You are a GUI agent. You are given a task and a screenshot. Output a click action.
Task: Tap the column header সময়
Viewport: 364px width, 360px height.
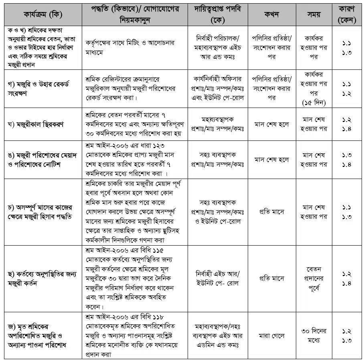(x=313, y=15)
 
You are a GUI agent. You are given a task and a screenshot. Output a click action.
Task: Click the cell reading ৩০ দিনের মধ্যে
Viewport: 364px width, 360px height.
(x=313, y=336)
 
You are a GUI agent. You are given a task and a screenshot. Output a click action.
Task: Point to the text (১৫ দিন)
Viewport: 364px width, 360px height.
(x=313, y=103)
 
